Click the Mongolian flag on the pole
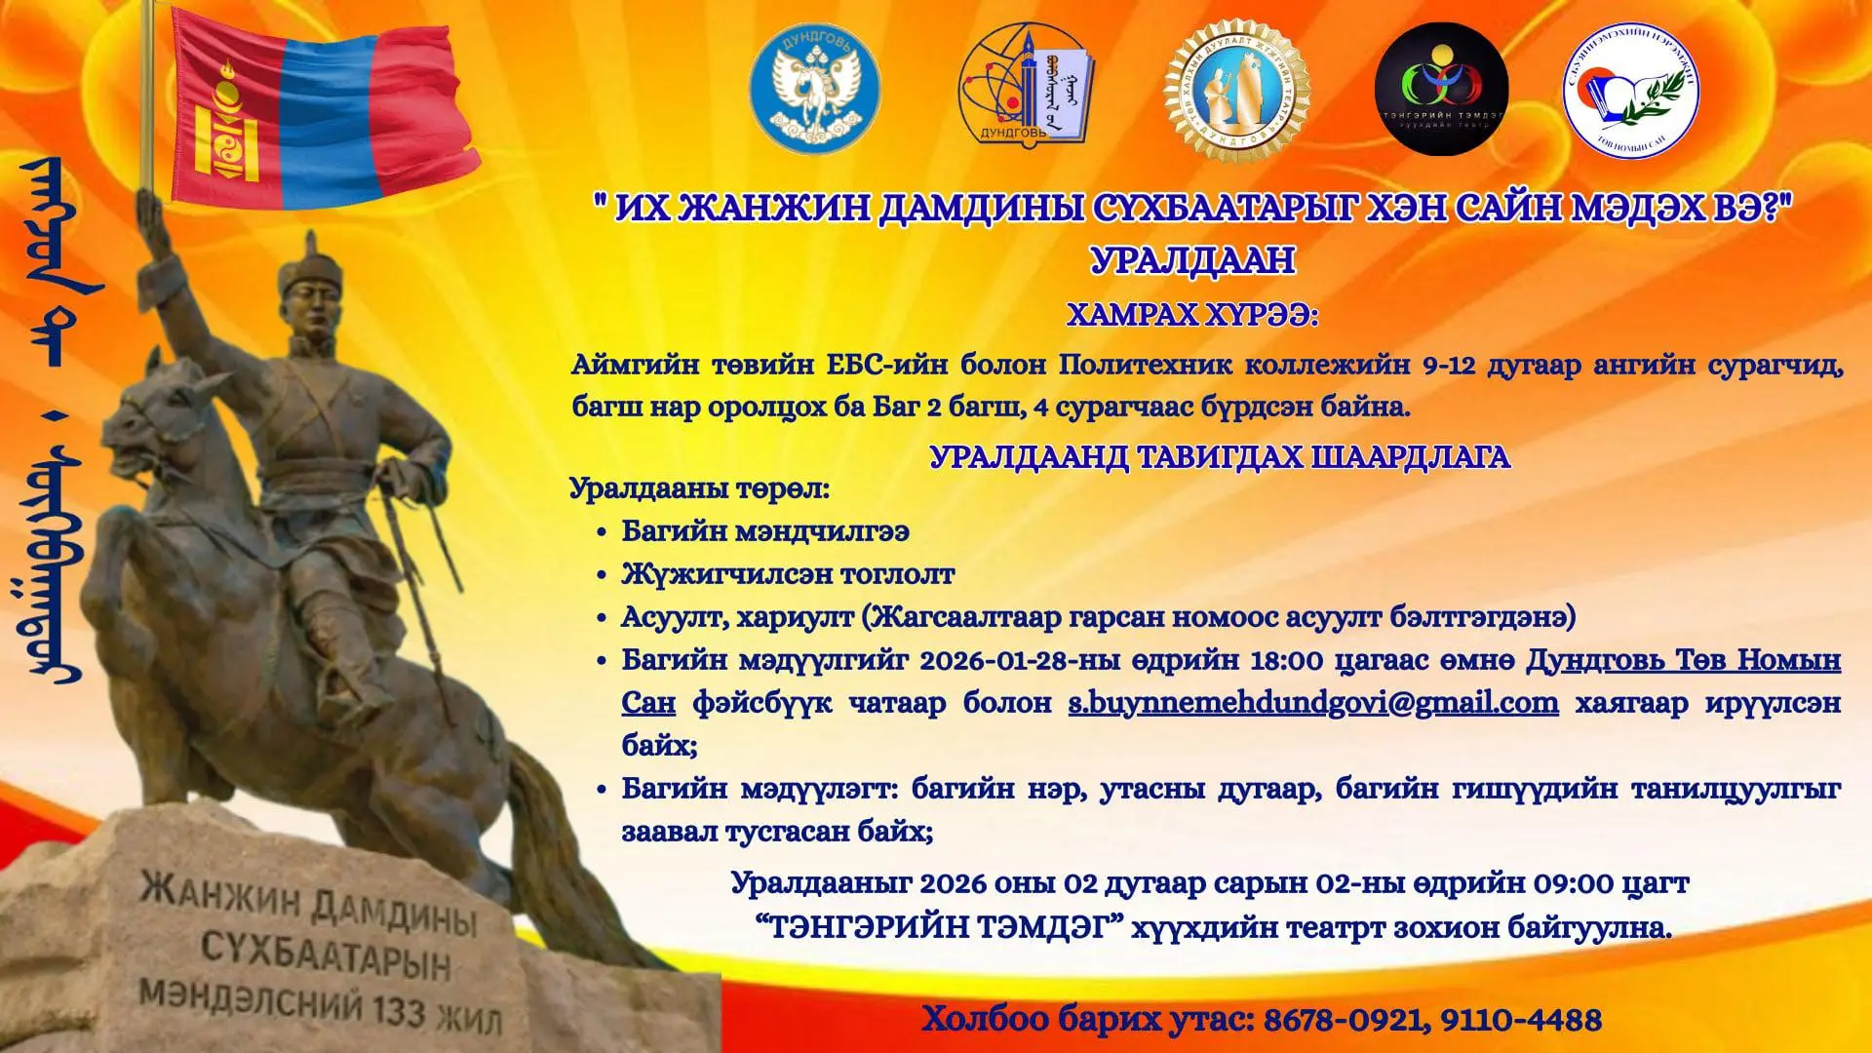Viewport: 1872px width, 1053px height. pyautogui.click(x=322, y=107)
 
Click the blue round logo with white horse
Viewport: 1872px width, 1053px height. pyautogui.click(x=814, y=90)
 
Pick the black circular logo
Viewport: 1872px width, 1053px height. pyautogui.click(x=1441, y=90)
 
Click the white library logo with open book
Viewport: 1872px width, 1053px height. pyautogui.click(x=1631, y=90)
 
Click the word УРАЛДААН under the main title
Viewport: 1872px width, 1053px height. pyautogui.click(x=1192, y=260)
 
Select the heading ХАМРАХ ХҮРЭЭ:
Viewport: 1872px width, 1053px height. pyautogui.click(x=1192, y=316)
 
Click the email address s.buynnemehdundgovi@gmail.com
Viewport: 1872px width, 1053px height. pyautogui.click(x=1313, y=703)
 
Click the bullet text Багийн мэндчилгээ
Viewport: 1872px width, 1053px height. pyautogui.click(x=765, y=531)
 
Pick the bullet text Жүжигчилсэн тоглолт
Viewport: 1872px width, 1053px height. pyautogui.click(x=788, y=574)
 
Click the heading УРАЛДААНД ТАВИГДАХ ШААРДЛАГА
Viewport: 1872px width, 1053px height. pyautogui.click(x=1220, y=457)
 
